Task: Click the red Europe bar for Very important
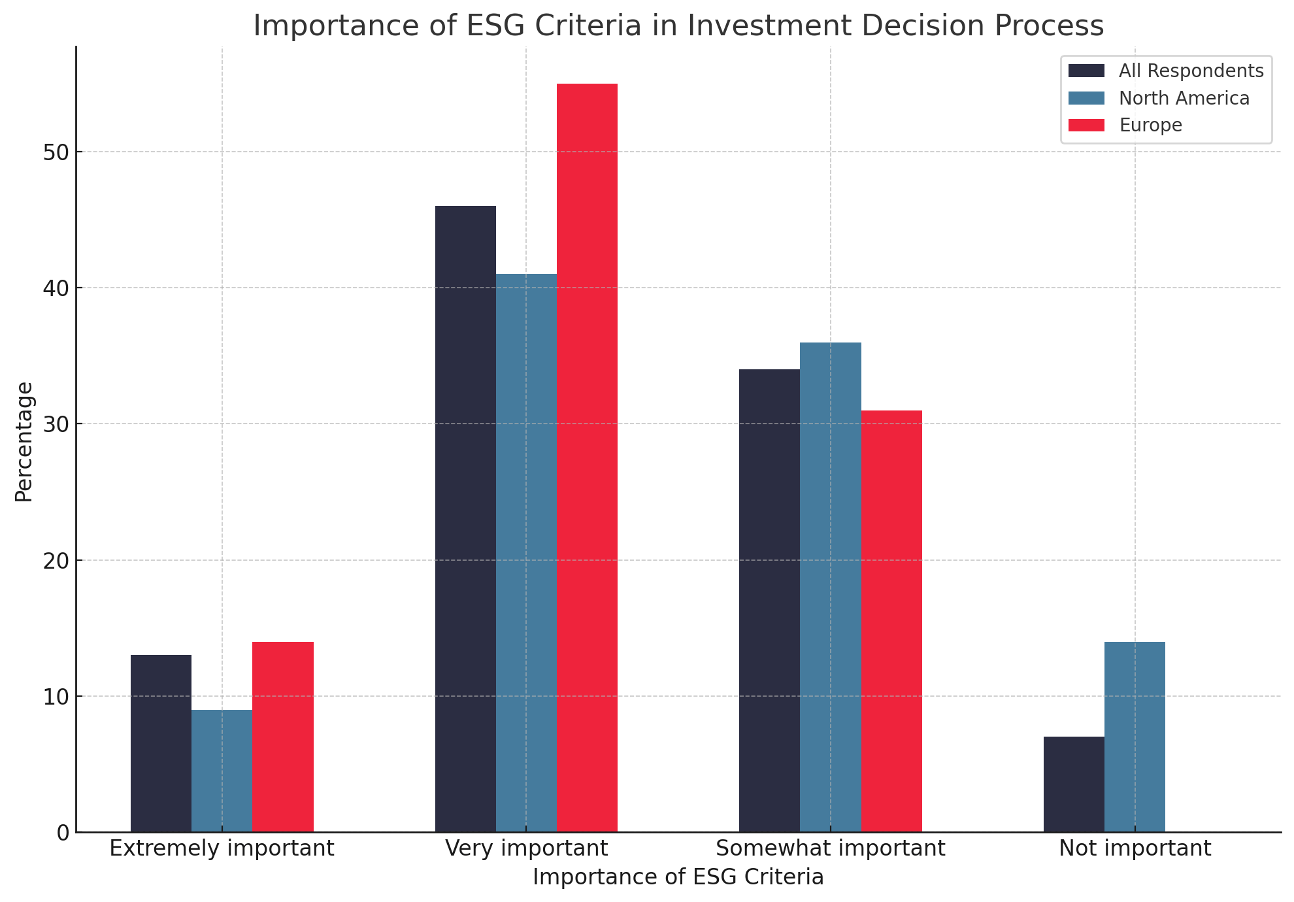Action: click(587, 458)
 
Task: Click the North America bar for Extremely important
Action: click(222, 771)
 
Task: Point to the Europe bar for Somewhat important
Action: click(891, 621)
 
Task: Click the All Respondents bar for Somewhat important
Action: click(769, 601)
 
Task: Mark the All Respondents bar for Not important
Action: click(1074, 784)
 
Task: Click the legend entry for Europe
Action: click(1150, 125)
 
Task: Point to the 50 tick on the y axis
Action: click(56, 152)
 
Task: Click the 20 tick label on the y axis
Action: click(56, 561)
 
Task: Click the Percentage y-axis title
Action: click(24, 442)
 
